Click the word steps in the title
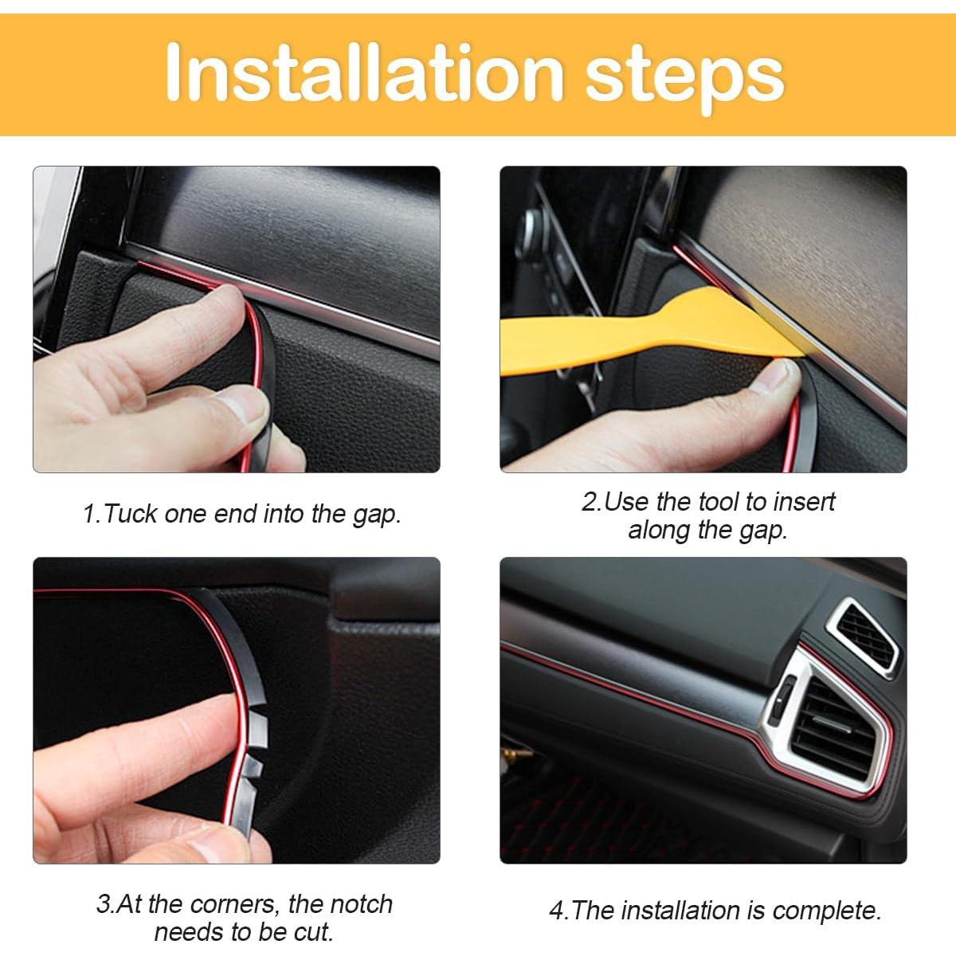[685, 76]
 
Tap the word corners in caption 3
[235, 904]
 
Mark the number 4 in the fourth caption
[556, 911]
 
